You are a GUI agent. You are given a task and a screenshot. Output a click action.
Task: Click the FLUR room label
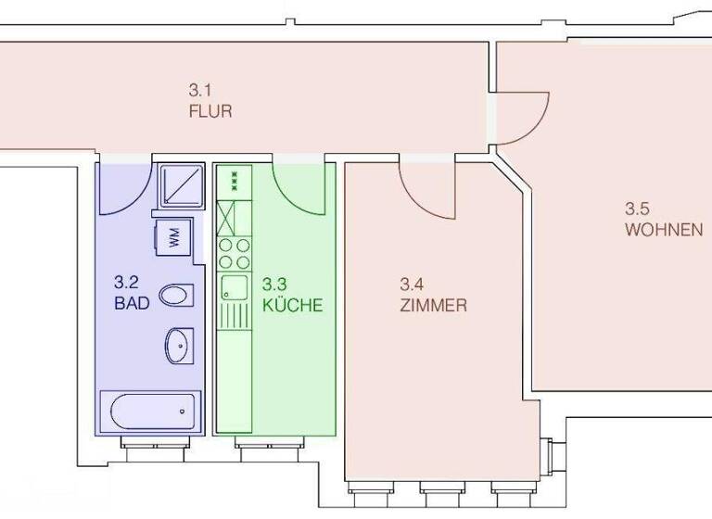[210, 112]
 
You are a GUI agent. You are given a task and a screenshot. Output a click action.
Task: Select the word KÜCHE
[292, 304]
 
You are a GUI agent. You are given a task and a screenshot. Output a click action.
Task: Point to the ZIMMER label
[433, 305]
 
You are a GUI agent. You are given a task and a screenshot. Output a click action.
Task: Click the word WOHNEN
[663, 230]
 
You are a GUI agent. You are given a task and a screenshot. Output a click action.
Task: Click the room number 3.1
[200, 91]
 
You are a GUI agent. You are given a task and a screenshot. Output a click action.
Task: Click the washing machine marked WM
[174, 238]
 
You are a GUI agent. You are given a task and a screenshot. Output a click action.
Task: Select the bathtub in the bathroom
[149, 409]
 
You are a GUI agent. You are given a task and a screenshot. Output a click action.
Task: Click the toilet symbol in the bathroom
[175, 296]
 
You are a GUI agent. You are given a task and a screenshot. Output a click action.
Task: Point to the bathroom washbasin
[177, 346]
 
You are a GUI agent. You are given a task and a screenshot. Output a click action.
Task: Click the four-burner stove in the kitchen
[234, 252]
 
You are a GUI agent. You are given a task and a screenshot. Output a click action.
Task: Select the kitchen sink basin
[231, 286]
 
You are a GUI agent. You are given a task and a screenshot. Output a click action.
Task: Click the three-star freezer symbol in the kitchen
[234, 177]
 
